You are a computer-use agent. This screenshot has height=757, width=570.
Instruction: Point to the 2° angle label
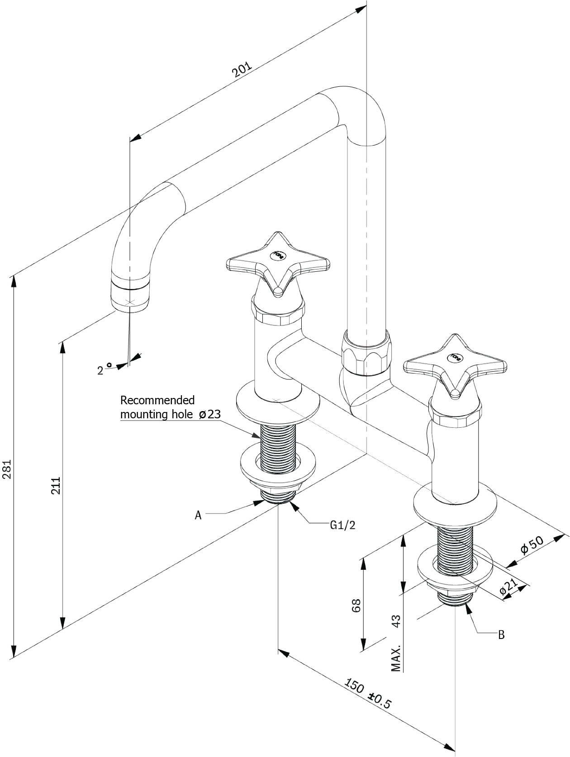[104, 369]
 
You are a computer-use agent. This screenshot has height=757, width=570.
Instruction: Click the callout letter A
[198, 515]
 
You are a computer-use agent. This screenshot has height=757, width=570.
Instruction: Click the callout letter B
[500, 634]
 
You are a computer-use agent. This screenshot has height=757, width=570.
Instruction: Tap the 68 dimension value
[356, 605]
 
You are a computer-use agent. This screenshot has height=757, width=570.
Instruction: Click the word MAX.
[396, 658]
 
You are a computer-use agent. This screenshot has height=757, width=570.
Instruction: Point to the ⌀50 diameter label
[532, 546]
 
